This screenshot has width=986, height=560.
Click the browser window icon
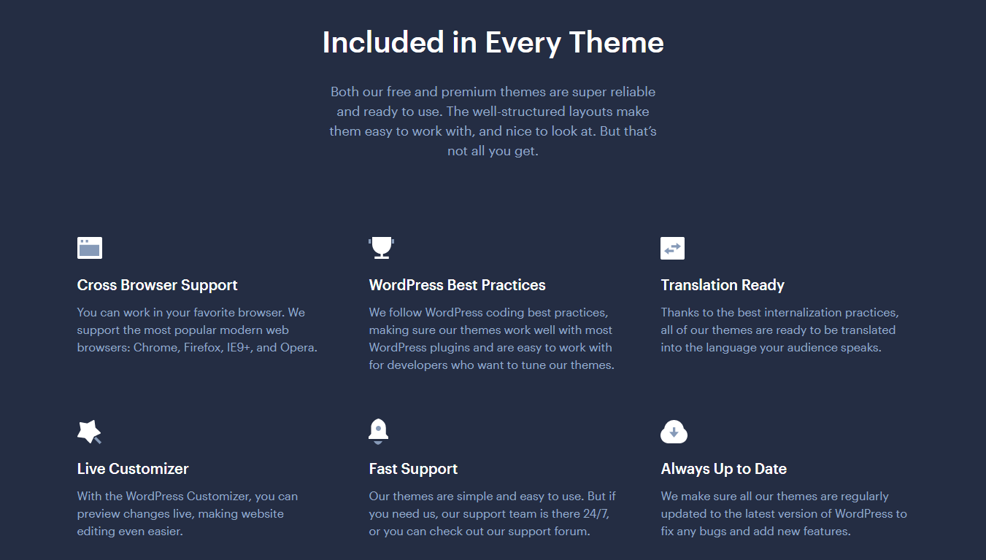click(x=90, y=248)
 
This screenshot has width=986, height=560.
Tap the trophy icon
click(x=381, y=248)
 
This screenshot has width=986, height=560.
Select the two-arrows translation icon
click(x=673, y=248)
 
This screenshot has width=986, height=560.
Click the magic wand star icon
click(x=89, y=432)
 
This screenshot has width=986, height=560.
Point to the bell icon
click(x=378, y=431)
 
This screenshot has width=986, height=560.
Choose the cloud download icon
click(x=674, y=432)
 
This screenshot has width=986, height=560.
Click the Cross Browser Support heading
click(x=157, y=285)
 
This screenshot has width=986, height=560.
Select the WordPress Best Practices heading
click(x=457, y=285)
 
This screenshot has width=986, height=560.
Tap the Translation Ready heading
click(x=723, y=285)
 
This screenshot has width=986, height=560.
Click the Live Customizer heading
click(x=133, y=469)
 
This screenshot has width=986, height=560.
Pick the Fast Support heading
click(x=413, y=469)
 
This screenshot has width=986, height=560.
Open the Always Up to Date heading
click(x=724, y=469)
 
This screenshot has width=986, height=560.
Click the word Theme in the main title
click(x=616, y=43)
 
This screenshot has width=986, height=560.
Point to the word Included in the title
click(x=383, y=43)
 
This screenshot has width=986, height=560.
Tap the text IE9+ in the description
click(x=239, y=348)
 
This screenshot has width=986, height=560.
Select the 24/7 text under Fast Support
click(x=596, y=514)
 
